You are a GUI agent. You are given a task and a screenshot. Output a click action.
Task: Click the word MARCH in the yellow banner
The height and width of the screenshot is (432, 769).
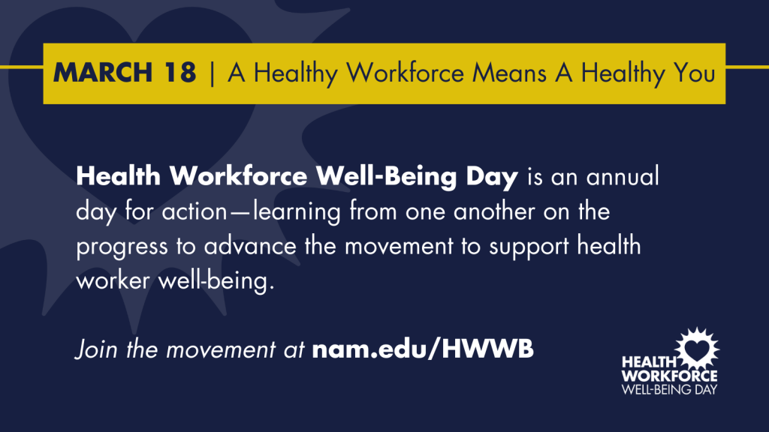pos(103,73)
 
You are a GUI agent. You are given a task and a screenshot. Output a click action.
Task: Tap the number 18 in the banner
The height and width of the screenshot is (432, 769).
pos(180,73)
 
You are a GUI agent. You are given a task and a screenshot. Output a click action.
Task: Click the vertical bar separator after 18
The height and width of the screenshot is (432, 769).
pos(212,73)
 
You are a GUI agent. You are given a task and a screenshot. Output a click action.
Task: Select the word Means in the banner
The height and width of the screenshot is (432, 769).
pos(509,73)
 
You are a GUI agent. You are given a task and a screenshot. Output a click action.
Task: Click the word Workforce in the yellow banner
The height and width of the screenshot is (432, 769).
pos(405,73)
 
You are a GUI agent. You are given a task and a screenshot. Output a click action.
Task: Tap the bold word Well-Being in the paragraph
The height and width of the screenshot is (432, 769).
pos(386,177)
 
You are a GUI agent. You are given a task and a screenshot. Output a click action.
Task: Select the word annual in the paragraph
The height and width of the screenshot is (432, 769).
pos(623,176)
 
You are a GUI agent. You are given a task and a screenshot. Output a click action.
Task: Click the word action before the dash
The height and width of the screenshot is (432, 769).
pos(195,211)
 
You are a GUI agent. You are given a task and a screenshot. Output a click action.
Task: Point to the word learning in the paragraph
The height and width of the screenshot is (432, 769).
pos(297,212)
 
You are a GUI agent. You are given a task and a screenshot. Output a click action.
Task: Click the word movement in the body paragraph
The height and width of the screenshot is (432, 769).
pos(399,246)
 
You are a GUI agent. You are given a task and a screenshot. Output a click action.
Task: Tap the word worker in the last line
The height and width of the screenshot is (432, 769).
pos(113,280)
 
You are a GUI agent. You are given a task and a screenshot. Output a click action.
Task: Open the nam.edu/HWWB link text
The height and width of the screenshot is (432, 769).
pos(423,349)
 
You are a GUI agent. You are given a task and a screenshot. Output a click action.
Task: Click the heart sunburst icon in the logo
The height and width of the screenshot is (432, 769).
pos(697,349)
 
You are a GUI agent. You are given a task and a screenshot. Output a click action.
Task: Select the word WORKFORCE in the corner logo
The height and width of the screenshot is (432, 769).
pos(669,376)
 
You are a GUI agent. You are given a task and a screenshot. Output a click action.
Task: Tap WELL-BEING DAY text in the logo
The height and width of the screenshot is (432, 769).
pos(669,389)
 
